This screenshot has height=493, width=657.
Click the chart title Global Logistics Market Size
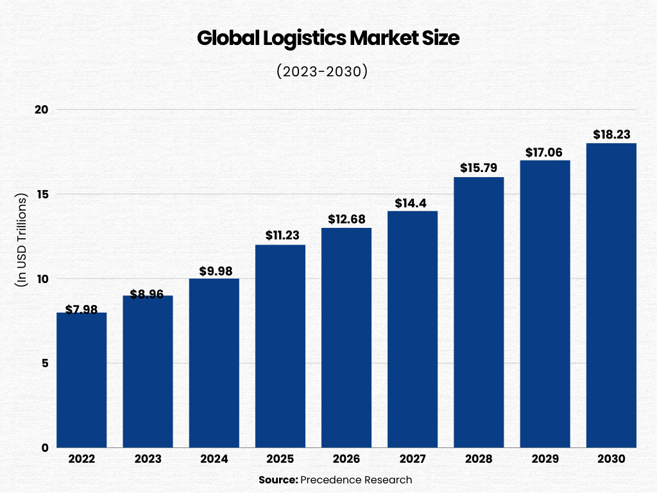[328, 39]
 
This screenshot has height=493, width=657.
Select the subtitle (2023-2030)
[322, 71]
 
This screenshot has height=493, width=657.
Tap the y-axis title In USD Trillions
[21, 239]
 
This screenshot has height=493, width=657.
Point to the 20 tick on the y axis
[42, 109]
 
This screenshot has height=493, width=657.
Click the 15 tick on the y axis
[42, 194]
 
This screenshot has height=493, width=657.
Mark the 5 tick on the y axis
[44, 363]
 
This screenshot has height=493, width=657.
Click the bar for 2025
[280, 346]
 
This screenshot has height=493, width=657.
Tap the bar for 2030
[611, 295]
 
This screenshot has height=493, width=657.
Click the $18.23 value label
[611, 135]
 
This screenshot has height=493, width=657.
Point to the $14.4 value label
[413, 202]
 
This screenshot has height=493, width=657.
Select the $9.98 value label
[214, 270]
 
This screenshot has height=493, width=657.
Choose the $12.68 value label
[346, 220]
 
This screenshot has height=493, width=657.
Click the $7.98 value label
[81, 310]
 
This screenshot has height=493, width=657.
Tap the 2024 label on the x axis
[214, 460]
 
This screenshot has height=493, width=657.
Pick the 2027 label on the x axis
[413, 460]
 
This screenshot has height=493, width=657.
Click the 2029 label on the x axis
[545, 460]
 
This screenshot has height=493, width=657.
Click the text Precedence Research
[356, 480]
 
